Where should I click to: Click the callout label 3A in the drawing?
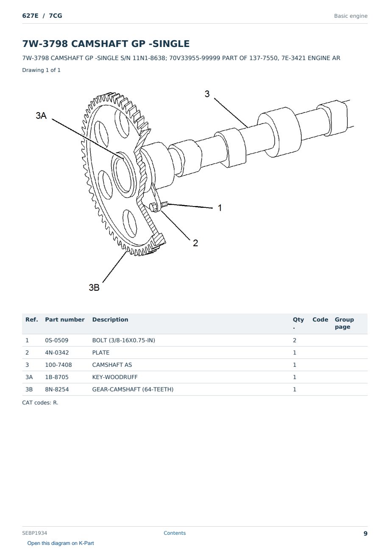[x=41, y=115]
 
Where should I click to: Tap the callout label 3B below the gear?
[x=94, y=287]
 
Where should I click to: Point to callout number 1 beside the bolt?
[x=220, y=208]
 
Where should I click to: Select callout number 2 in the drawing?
[x=195, y=243]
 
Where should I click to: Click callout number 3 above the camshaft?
[x=207, y=93]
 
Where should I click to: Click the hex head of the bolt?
[x=154, y=207]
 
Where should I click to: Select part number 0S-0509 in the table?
[x=57, y=340]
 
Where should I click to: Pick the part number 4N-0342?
[x=57, y=352]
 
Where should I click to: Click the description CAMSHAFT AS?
[x=112, y=365]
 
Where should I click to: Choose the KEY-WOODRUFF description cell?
[x=115, y=377]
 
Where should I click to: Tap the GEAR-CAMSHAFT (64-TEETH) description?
[x=133, y=389]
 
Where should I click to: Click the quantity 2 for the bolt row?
[x=295, y=340]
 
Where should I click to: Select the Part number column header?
[x=65, y=320]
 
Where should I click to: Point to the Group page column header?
[x=344, y=323]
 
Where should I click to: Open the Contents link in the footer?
[x=175, y=533]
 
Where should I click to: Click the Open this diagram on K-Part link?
[x=61, y=543]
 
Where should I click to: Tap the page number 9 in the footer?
[x=365, y=533]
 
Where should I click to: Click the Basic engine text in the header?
[x=351, y=16]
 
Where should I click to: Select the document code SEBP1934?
[x=34, y=533]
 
